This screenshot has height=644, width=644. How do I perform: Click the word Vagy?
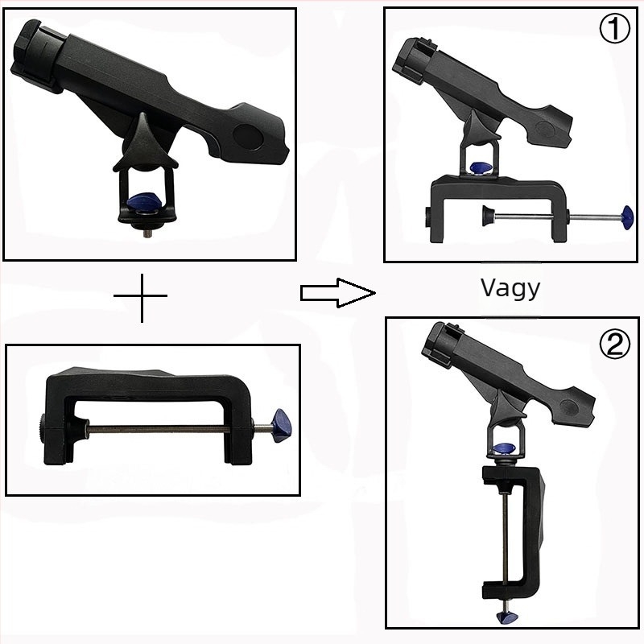pos(510,288)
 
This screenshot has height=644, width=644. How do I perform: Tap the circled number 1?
pos(614,28)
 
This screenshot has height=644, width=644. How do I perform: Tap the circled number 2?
pos(615,345)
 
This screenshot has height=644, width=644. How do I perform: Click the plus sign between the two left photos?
pos(141,296)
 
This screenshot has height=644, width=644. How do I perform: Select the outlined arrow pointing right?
pos(337,293)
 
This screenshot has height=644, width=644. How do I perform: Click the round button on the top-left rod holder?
pos(249,136)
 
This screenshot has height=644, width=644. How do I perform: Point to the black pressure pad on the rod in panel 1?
pos(488,216)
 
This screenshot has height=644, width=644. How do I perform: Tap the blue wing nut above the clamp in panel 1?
pos(481,167)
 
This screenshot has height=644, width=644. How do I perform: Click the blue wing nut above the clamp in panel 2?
pos(505,448)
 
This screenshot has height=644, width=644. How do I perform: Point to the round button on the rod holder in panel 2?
pos(570,407)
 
